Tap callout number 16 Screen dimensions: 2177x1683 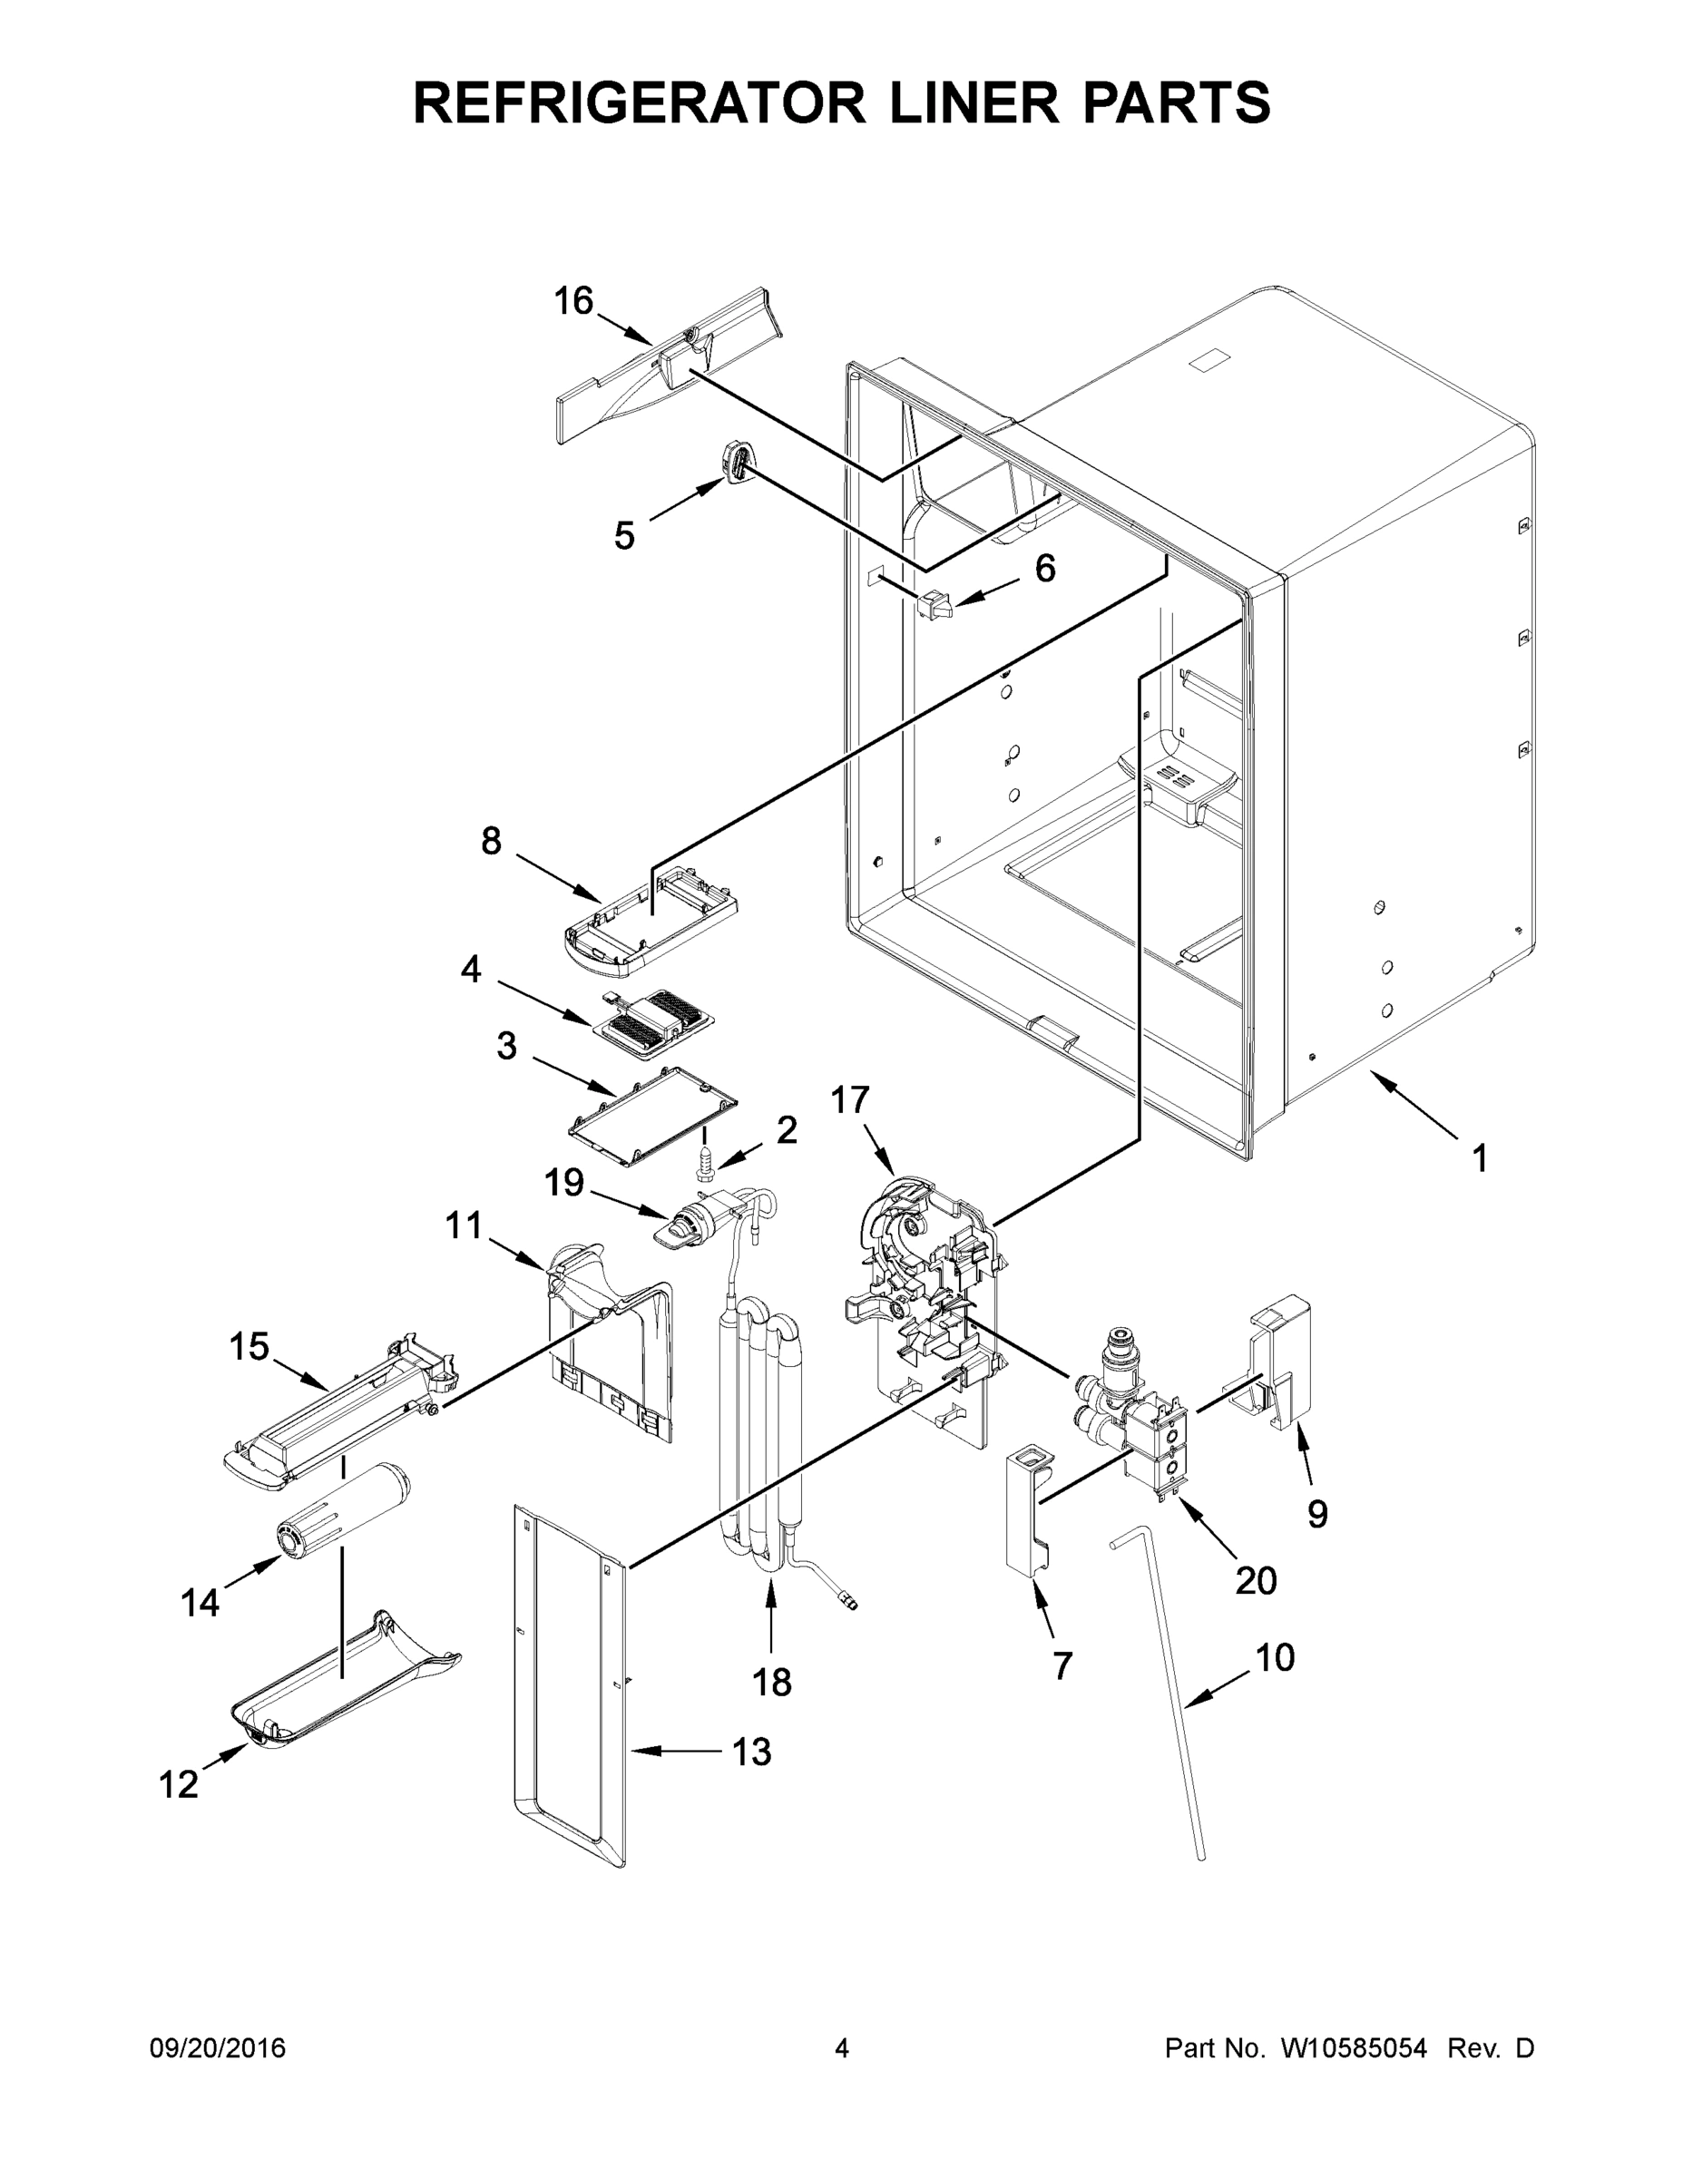coord(573,301)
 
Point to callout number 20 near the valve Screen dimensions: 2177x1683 coord(1256,1580)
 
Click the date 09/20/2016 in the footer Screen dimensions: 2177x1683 coord(218,2048)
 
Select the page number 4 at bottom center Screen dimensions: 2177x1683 coord(842,2048)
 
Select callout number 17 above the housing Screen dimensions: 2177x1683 coord(849,1100)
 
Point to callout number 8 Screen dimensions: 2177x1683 coord(491,841)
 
